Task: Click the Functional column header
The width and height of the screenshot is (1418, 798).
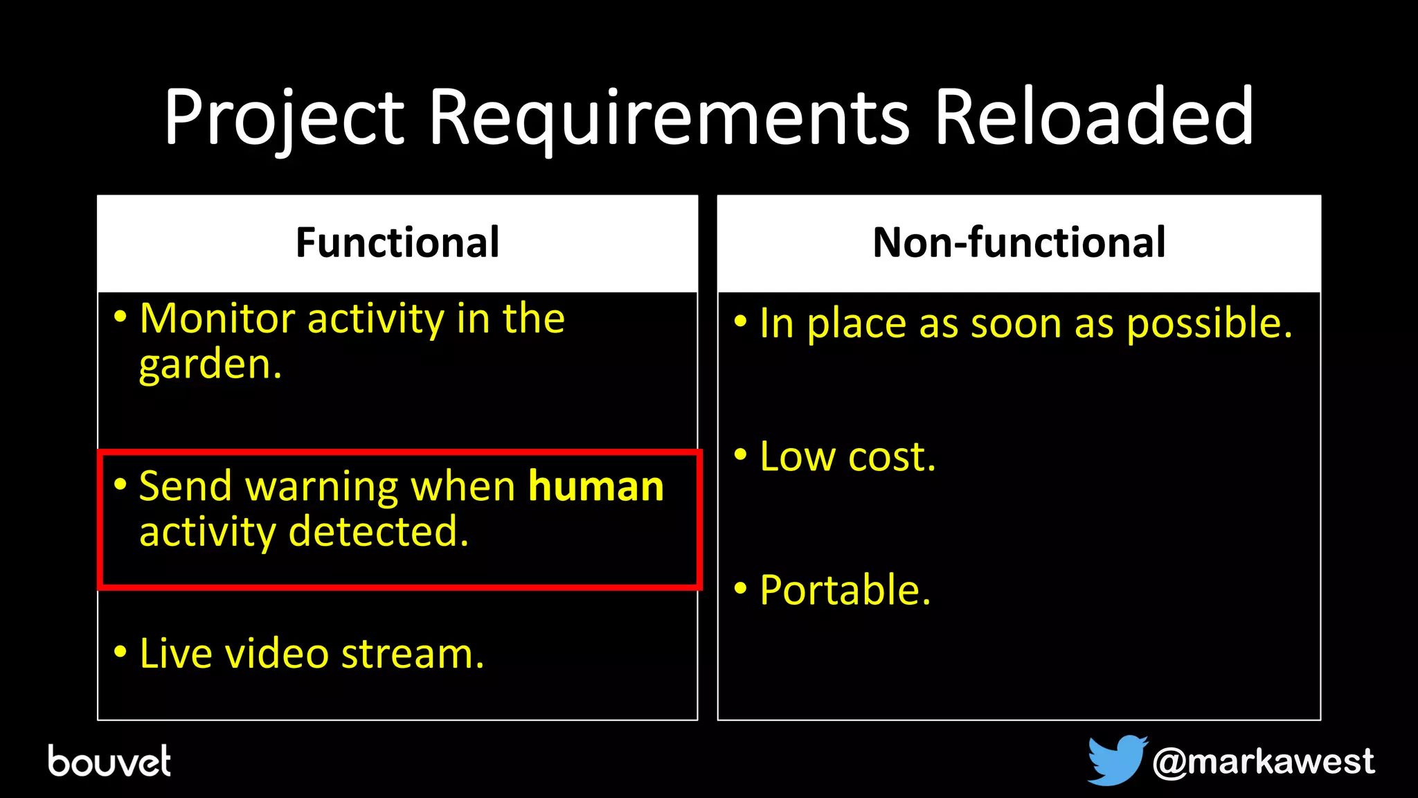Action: (397, 242)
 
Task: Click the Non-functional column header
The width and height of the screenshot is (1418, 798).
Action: (1019, 242)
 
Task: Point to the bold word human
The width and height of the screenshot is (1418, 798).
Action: (596, 486)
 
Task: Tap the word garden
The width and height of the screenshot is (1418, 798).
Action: (210, 365)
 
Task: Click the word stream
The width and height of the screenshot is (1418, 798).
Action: (412, 654)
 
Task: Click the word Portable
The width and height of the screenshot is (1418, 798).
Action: (845, 590)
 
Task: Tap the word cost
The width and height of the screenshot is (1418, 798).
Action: (892, 457)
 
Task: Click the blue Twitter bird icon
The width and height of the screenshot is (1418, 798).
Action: (1115, 760)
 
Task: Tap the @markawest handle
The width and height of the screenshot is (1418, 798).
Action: (1263, 761)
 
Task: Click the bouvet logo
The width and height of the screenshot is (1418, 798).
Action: (109, 761)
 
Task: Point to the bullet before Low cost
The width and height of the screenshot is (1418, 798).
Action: (741, 454)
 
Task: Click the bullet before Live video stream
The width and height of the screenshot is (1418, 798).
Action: (120, 651)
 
